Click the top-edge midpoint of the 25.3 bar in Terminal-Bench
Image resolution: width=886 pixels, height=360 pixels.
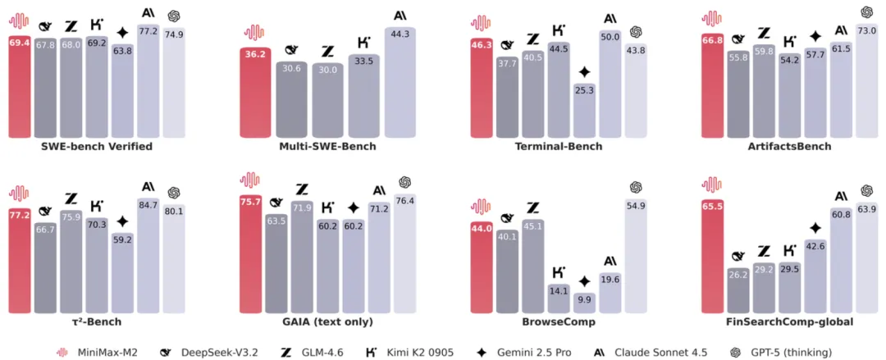point(584,83)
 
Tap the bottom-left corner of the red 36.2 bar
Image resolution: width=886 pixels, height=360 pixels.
point(240,139)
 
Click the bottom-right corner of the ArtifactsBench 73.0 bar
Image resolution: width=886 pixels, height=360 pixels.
point(878,139)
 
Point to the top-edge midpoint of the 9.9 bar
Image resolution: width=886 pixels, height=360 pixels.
point(584,293)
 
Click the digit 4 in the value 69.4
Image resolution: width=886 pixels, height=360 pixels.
point(25,43)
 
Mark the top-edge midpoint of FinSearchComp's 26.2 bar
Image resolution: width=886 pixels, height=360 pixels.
point(738,267)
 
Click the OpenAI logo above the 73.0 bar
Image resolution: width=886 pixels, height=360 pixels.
point(866,11)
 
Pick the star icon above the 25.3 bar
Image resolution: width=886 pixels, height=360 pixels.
point(584,72)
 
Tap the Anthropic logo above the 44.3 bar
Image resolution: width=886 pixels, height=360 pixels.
point(400,16)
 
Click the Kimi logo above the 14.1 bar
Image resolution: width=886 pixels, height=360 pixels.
point(559,271)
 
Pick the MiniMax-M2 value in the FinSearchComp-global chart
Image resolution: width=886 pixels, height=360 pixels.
point(713,207)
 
